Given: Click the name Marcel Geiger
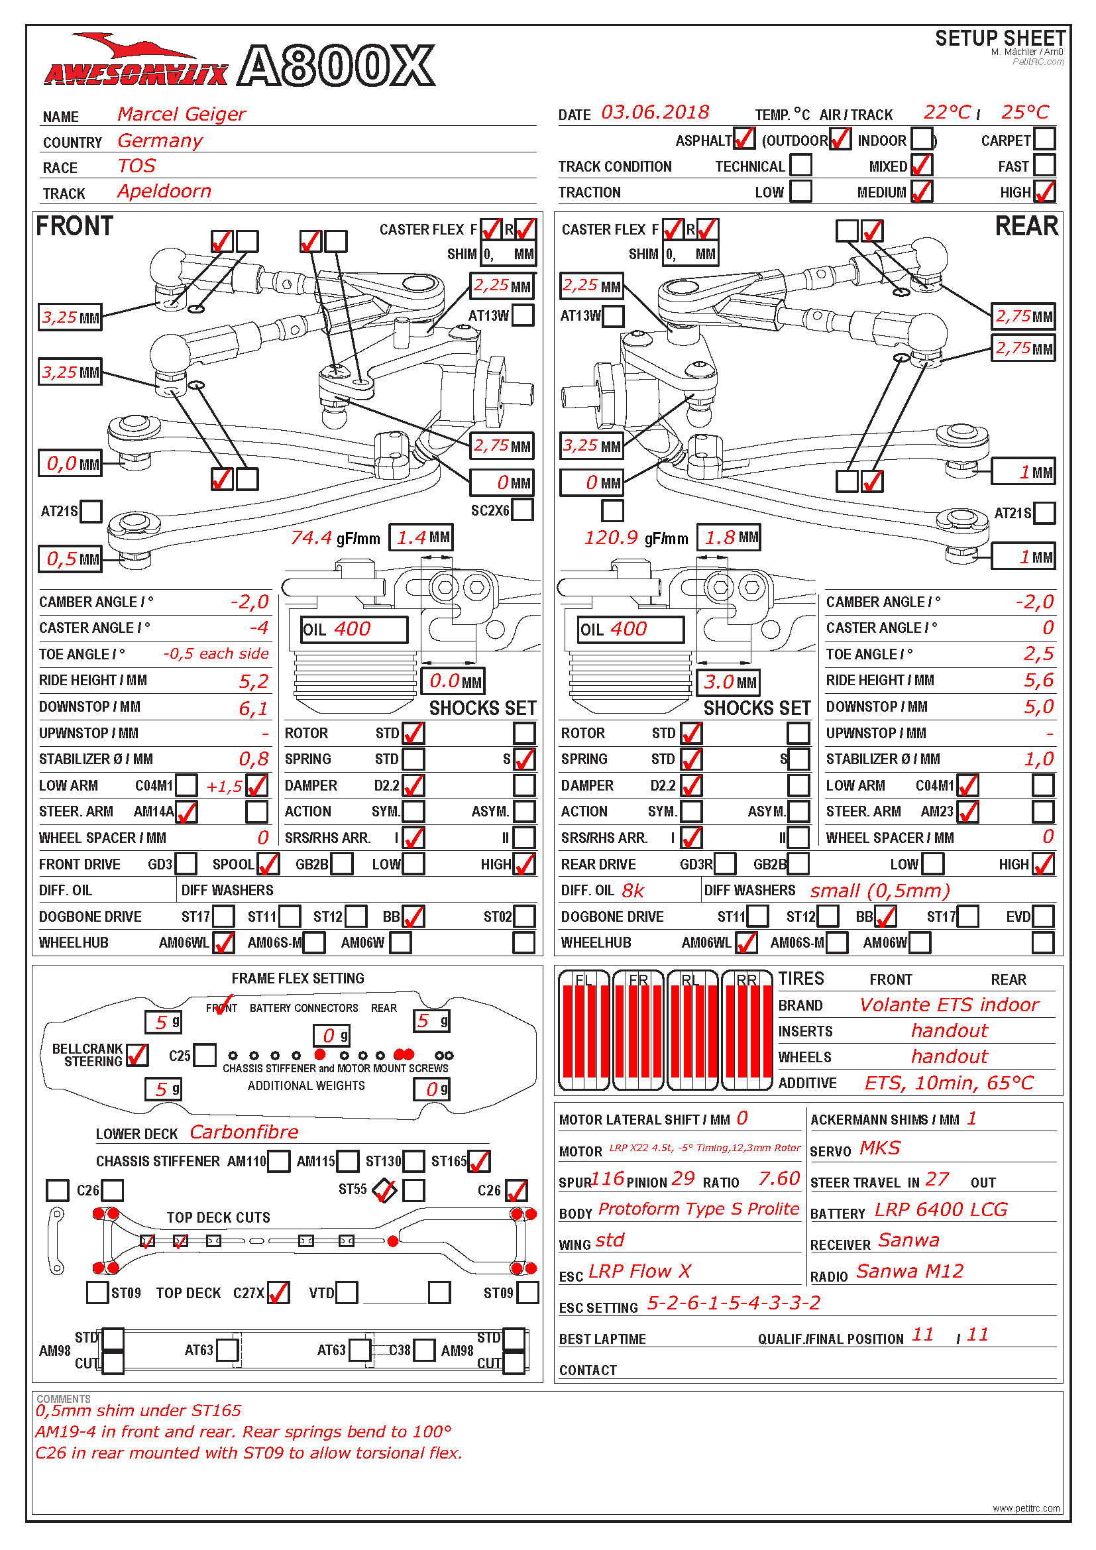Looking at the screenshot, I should (x=181, y=114).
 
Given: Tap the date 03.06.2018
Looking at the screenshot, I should (x=655, y=112).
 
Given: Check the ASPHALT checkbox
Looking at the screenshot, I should (x=743, y=139).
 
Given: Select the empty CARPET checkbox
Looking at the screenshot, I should (x=1044, y=139).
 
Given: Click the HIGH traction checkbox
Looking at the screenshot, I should (x=1044, y=192).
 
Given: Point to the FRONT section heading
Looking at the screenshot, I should (x=74, y=226).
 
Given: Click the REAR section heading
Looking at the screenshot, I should (x=1026, y=226).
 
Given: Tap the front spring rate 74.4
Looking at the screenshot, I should (x=311, y=537).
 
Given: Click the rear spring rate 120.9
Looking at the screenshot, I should (x=611, y=537).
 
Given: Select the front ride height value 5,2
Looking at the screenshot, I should (x=254, y=681).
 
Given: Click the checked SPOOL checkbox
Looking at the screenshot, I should (x=268, y=864).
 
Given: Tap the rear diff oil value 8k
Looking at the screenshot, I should (x=633, y=891).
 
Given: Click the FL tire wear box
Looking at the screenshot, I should (x=584, y=1030).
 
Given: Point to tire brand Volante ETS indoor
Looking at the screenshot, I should (x=949, y=1005).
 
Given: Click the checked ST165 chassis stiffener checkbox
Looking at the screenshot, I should (x=478, y=1161).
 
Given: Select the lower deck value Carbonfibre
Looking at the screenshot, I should (x=244, y=1132).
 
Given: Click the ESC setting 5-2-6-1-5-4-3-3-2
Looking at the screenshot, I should (x=734, y=1302).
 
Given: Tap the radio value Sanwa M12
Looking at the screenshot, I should (x=910, y=1271).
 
